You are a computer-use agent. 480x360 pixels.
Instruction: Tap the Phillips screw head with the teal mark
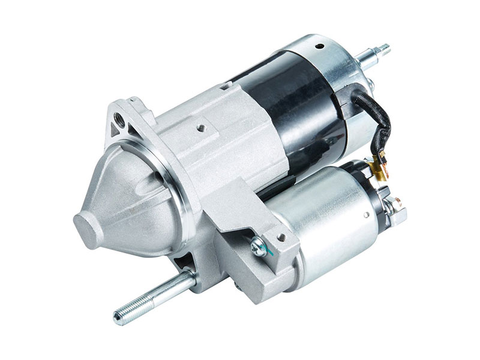[257, 243]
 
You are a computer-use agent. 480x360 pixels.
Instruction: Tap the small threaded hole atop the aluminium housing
[202, 127]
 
